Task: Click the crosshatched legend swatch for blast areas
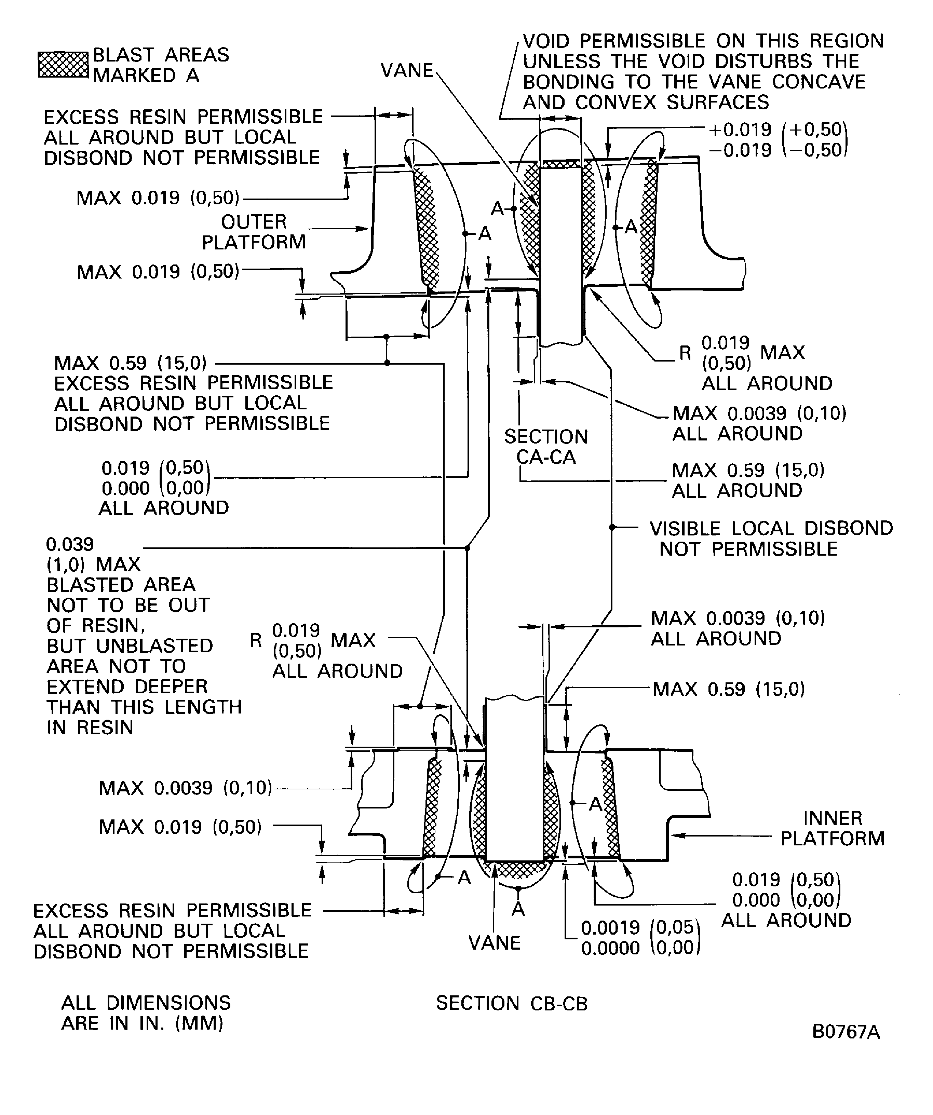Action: (x=63, y=65)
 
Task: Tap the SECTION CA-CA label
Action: (x=545, y=447)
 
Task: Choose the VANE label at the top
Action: (x=407, y=71)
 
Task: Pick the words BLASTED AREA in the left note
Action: (x=121, y=585)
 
